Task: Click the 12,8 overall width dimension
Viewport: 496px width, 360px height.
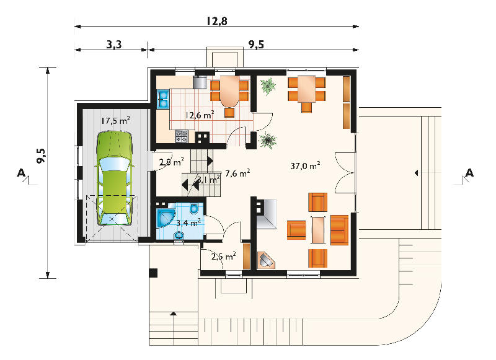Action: (x=217, y=21)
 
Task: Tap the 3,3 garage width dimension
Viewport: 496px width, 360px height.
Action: (x=114, y=45)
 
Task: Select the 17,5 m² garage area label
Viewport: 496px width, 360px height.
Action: (x=116, y=120)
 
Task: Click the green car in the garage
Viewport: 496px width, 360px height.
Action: (x=114, y=178)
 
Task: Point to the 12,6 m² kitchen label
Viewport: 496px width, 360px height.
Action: (x=200, y=115)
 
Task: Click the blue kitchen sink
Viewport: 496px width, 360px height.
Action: (x=163, y=99)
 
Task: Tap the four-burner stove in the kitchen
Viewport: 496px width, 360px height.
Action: (x=182, y=136)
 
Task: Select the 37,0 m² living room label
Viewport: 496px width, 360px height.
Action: (x=305, y=165)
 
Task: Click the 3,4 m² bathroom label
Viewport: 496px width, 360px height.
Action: (x=188, y=223)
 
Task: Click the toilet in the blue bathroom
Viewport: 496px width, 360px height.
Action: (x=194, y=209)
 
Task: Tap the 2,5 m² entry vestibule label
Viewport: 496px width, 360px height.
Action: (x=224, y=256)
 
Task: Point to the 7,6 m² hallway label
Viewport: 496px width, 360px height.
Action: (x=237, y=173)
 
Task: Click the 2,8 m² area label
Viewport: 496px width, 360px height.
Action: (x=172, y=162)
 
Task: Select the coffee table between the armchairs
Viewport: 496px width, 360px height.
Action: (x=318, y=230)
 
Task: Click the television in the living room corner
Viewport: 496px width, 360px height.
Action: (x=266, y=260)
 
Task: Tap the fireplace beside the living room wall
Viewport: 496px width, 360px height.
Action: (x=266, y=214)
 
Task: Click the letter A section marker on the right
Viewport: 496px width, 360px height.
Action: (x=469, y=173)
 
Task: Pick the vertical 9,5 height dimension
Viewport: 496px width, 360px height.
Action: (x=42, y=156)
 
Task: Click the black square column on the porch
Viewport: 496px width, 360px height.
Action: (x=153, y=273)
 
